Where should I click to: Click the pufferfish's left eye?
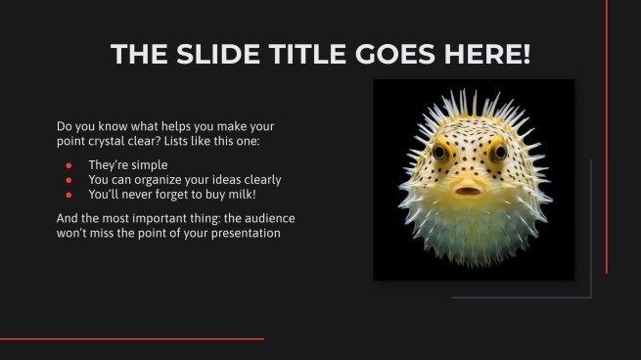[x=440, y=152]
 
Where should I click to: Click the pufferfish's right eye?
[x=499, y=152]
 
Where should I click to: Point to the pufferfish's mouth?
[x=470, y=188]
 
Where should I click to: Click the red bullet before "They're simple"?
[x=68, y=165]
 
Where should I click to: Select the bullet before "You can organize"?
[x=68, y=180]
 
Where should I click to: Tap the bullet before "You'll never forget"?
[x=68, y=194]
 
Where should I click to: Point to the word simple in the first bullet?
[x=150, y=165]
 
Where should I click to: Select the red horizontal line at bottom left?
[x=132, y=338]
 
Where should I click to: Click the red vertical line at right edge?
[x=607, y=137]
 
